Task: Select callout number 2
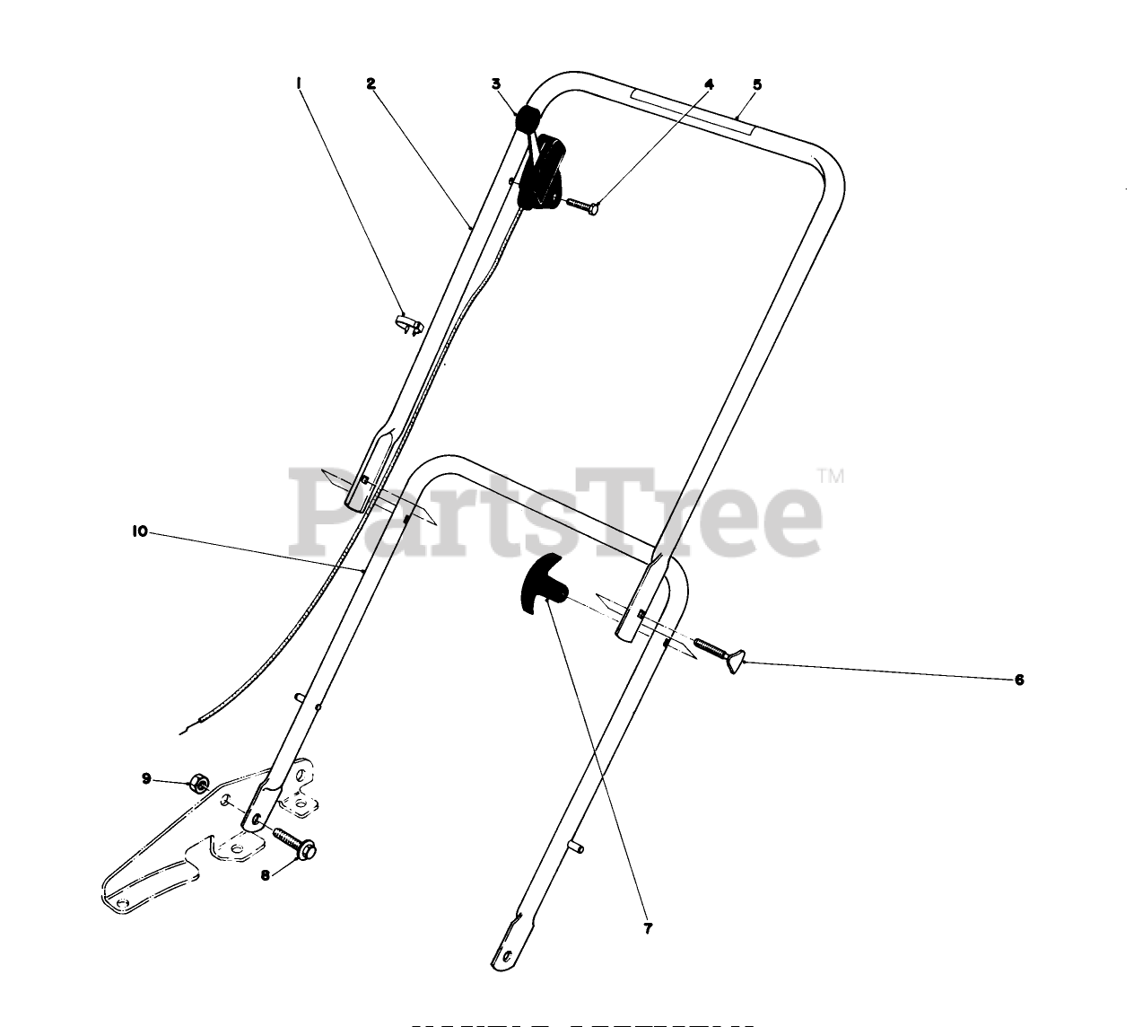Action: click(x=370, y=83)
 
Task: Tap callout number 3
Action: click(x=495, y=83)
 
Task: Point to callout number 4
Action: click(x=709, y=83)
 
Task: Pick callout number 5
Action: click(x=757, y=83)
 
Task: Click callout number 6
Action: click(x=1018, y=680)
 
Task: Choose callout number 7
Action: click(x=648, y=929)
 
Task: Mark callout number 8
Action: click(x=266, y=876)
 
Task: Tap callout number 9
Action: click(x=145, y=778)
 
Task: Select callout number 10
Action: click(x=139, y=531)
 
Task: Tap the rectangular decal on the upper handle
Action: click(x=690, y=111)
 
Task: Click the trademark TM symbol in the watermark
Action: click(x=831, y=476)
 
